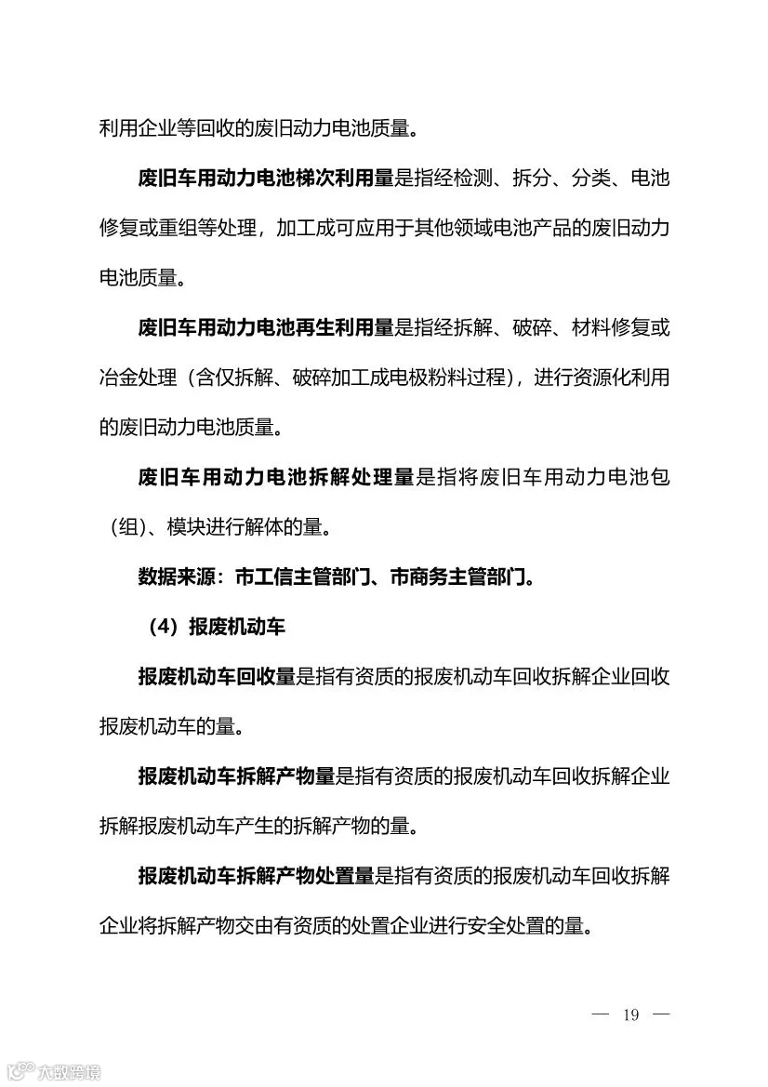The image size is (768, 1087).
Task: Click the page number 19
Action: coord(631,1014)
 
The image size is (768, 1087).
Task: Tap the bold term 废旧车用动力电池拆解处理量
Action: coord(276,478)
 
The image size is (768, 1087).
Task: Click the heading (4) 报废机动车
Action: coord(217,628)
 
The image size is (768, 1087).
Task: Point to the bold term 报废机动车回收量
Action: coord(217,677)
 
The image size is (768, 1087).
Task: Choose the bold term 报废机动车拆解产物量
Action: coord(236,777)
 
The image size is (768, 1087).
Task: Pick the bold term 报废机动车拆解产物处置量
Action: coord(256,877)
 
